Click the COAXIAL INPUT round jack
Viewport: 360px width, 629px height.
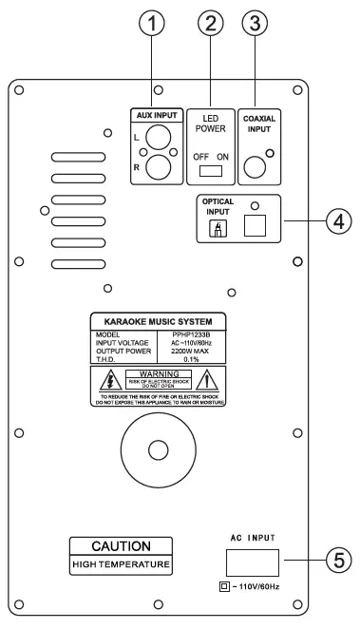256,168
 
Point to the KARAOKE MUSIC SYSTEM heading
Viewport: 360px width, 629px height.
157,322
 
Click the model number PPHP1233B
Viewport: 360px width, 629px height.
197,334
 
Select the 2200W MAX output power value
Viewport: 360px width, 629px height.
194,350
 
